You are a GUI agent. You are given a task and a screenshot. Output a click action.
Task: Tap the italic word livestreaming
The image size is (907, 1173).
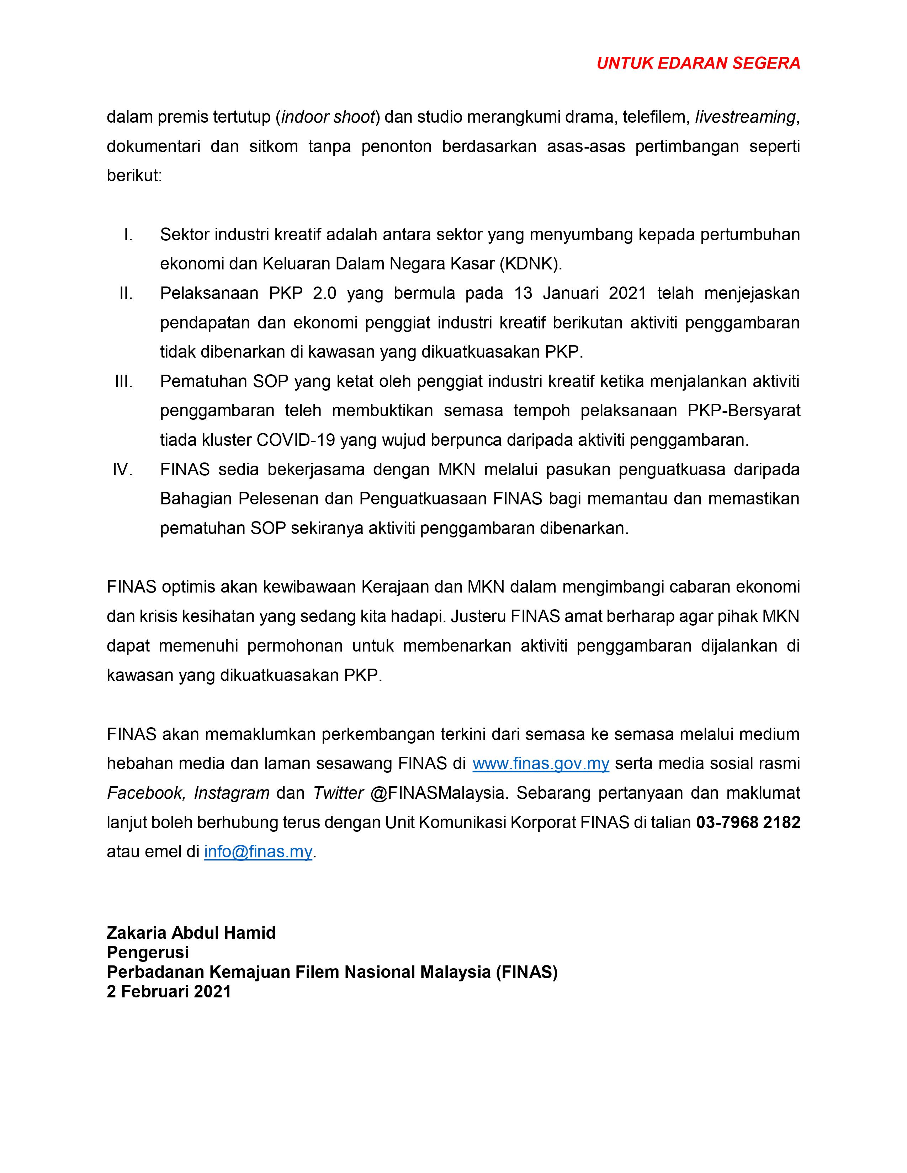pyautogui.click(x=745, y=117)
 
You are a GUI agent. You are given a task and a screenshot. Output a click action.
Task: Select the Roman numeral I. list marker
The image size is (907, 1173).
pyautogui.click(x=128, y=235)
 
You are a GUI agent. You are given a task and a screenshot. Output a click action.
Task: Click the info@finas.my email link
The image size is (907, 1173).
pyautogui.click(x=258, y=852)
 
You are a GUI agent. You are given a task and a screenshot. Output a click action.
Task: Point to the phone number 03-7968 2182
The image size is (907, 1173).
pyautogui.click(x=748, y=822)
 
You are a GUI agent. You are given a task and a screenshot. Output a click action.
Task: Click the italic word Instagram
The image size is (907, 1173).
pyautogui.click(x=232, y=793)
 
